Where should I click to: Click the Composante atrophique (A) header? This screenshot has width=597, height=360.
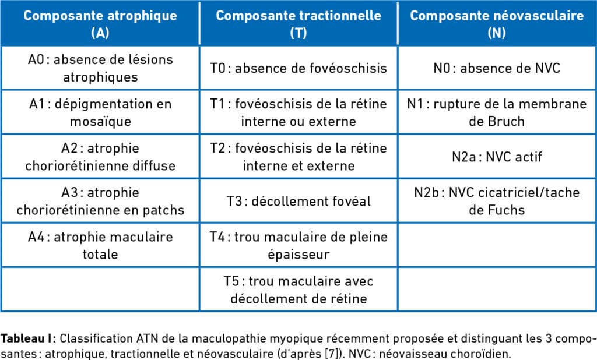point(100,24)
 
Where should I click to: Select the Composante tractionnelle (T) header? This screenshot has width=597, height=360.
point(298,24)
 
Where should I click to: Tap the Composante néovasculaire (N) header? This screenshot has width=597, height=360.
point(497,24)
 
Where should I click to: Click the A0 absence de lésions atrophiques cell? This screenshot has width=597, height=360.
point(100,68)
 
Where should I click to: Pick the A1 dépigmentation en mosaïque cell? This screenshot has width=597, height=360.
point(100,113)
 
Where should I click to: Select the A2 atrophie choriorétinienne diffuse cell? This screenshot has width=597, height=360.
point(100,157)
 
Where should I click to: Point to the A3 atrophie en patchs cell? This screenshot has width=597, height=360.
point(100,201)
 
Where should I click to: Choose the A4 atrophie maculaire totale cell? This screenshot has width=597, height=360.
point(100,246)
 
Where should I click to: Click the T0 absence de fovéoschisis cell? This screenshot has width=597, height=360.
point(298,68)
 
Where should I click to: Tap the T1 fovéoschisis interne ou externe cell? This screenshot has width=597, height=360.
point(298,113)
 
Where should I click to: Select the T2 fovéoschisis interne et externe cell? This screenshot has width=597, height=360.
point(298,157)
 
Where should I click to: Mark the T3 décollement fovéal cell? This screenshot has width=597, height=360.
point(298,202)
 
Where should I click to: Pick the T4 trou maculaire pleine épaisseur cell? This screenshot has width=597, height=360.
point(298,246)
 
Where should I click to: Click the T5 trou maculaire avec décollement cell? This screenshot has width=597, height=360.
point(298,290)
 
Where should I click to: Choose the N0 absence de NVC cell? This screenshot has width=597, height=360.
point(497,68)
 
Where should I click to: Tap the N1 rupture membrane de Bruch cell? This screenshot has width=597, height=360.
point(497,113)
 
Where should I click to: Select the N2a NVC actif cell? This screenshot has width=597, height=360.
point(497,157)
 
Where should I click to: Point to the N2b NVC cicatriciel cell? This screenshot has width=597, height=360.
point(497,201)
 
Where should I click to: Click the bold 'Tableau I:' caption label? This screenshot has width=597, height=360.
point(29,338)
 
